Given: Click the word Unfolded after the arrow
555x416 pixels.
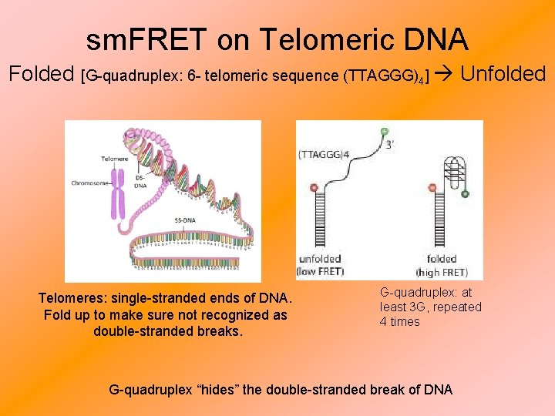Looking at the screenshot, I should point(503,74).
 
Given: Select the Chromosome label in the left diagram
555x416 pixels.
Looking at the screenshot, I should point(89,183).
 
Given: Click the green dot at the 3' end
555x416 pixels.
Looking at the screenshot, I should point(385,133).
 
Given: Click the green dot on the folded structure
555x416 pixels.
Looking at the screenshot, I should point(465,193).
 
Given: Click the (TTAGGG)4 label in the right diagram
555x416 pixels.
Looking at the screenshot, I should point(324,154).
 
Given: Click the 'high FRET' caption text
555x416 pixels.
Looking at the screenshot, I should point(441,272).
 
